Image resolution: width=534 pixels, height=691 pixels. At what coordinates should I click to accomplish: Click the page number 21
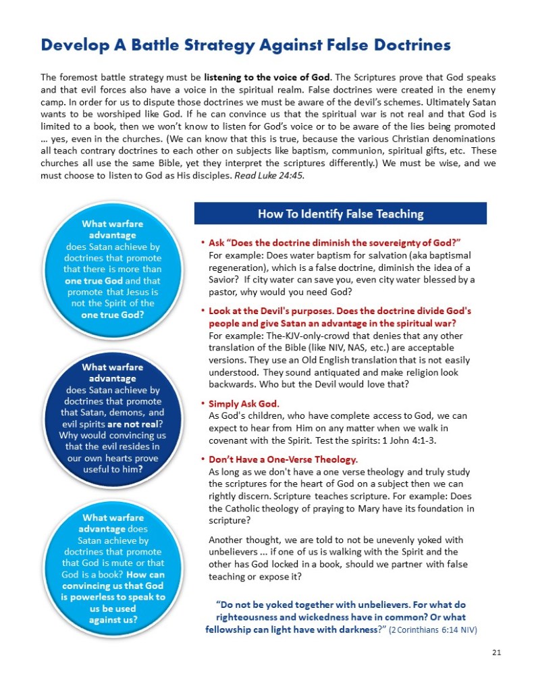coord(498,652)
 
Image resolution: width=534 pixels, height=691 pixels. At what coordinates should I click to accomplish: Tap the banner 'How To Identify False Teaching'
coord(340,214)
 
